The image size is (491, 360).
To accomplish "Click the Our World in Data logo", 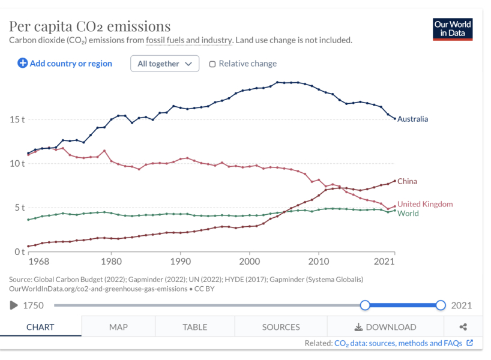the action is (453, 29).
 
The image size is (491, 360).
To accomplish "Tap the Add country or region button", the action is (65, 63).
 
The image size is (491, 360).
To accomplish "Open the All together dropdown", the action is (164, 64).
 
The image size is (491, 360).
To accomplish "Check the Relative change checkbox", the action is (212, 64).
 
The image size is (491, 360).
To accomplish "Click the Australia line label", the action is (412, 119).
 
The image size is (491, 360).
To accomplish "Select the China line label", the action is (407, 181).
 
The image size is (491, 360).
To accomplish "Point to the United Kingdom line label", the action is (425, 204).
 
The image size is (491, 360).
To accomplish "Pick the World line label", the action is (408, 214).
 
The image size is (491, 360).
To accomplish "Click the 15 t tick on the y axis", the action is (17, 119).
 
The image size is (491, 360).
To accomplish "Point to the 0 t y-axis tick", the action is (19, 251).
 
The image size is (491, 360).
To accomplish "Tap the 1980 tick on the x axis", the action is (111, 262).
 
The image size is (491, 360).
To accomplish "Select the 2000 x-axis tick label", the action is (250, 262).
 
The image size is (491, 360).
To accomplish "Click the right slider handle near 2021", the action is (441, 305).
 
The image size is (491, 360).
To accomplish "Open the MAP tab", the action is (118, 327).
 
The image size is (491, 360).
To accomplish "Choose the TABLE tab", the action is (194, 327).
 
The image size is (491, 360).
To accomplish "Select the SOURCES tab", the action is (281, 327).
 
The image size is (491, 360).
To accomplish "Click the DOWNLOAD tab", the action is (385, 327).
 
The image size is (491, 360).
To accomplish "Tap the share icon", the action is (463, 327).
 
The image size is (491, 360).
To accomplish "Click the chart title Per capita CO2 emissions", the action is (90, 26).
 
